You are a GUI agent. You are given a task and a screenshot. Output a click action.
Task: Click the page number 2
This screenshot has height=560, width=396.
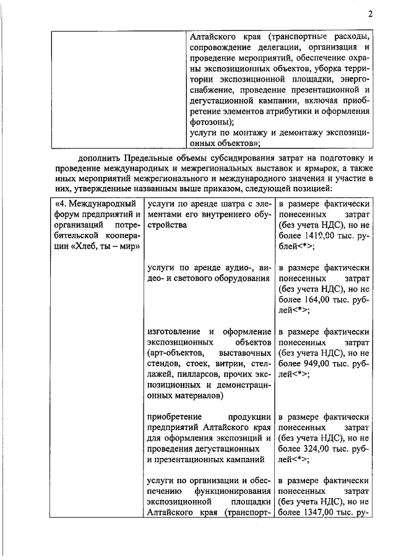(x=369, y=14)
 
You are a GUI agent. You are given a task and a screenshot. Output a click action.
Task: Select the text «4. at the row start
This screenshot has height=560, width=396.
(x=61, y=203)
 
